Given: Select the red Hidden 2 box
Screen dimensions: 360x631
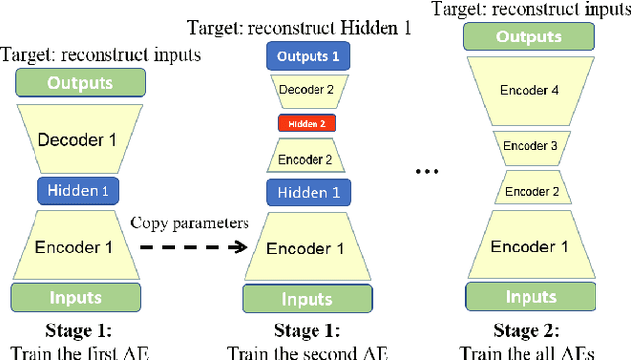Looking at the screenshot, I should pyautogui.click(x=308, y=124).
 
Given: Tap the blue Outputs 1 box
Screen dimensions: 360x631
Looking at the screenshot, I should pyautogui.click(x=308, y=57).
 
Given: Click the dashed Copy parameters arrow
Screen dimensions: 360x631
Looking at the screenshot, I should pyautogui.click(x=193, y=246).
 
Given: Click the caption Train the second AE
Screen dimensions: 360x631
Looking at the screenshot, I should pyautogui.click(x=307, y=350).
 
